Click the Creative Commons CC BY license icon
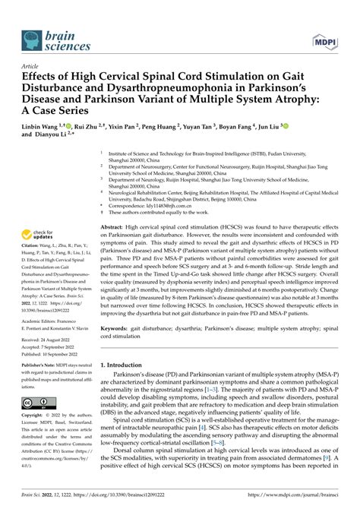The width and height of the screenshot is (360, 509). pyautogui.click(x=38, y=402)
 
